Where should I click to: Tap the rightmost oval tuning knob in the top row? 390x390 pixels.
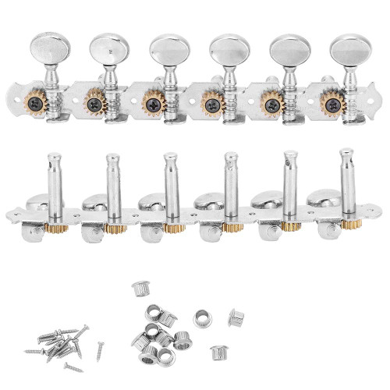342,48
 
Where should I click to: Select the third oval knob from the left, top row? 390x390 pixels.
165,48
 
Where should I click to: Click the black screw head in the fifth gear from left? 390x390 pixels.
270,102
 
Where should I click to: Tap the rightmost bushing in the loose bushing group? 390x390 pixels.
236,317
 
